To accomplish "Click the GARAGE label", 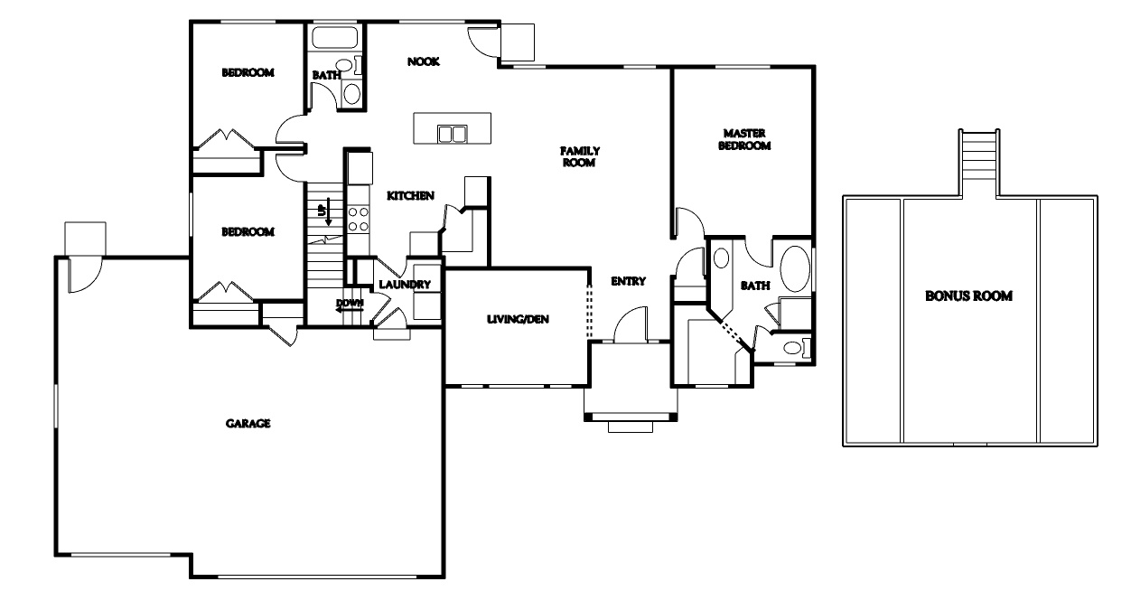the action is pyautogui.click(x=248, y=423).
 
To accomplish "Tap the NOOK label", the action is pyautogui.click(x=424, y=61).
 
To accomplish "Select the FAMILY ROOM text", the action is pyautogui.click(x=580, y=156).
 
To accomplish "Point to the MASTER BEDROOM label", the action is pyautogui.click(x=744, y=139).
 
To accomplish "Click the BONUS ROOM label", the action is pyautogui.click(x=968, y=296).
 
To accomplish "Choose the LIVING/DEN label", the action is pyautogui.click(x=518, y=319).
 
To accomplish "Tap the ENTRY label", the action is pyautogui.click(x=628, y=281).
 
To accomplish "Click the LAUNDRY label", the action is pyautogui.click(x=405, y=285).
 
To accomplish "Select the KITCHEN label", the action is pyautogui.click(x=410, y=195).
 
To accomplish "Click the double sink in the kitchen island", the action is pyautogui.click(x=452, y=134).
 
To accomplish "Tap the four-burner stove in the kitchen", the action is pyautogui.click(x=358, y=220).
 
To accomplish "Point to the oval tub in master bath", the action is pyautogui.click(x=795, y=268).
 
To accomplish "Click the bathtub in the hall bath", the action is pyautogui.click(x=334, y=37).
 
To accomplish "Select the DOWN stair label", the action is pyautogui.click(x=350, y=303).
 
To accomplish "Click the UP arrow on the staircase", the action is pyautogui.click(x=328, y=211).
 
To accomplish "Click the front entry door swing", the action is pyautogui.click(x=631, y=324).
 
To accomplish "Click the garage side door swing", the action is pyautogui.click(x=85, y=275).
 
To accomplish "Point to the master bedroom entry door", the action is pyautogui.click(x=689, y=221).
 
